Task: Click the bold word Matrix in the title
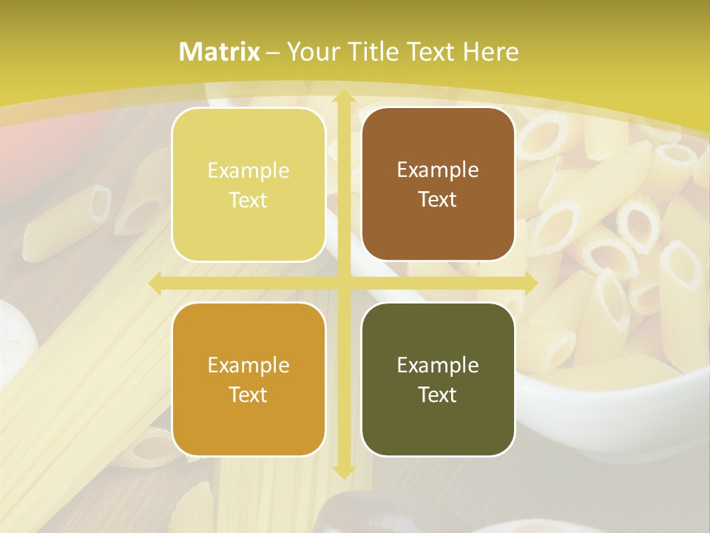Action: coord(220,52)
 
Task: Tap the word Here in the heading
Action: coord(491,52)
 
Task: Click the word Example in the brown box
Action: coord(438,170)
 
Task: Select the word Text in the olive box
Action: coord(438,395)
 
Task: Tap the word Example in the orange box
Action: coord(248,365)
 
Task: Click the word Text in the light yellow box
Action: coord(248,200)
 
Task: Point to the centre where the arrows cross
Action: coord(343,283)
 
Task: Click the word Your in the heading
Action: coord(310,52)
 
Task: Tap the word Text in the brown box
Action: coord(438,200)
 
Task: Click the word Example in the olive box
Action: coord(438,365)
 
